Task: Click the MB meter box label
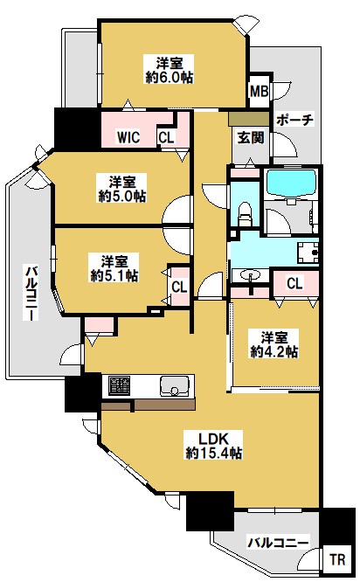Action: [259, 91]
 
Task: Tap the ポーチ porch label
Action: [294, 120]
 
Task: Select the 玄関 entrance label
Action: [251, 137]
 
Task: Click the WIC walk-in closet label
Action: [128, 137]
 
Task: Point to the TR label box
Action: [337, 559]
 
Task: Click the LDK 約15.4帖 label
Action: [214, 445]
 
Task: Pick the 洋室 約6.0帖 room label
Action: [170, 70]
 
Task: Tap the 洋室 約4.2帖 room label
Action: [274, 344]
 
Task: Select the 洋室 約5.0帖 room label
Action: [122, 189]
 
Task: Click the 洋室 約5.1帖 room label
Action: [114, 268]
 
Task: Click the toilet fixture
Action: [245, 214]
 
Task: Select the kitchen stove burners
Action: [119, 385]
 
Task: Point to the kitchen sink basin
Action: [175, 385]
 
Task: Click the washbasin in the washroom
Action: [250, 275]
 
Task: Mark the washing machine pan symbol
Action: [308, 253]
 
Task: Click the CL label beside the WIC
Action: [166, 137]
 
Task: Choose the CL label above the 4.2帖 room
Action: [294, 283]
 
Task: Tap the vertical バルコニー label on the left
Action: [31, 292]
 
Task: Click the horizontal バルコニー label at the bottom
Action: [278, 543]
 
